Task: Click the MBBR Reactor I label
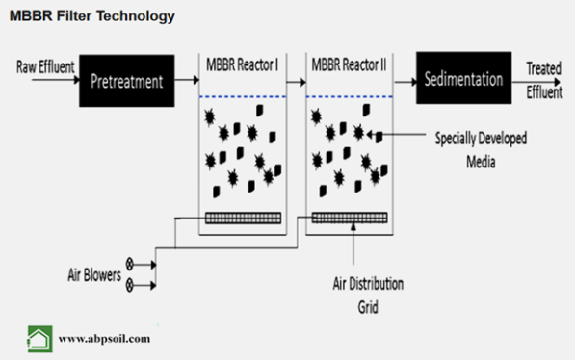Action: coord(243,65)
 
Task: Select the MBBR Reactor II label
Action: coord(349,65)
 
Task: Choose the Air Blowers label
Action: coord(94,275)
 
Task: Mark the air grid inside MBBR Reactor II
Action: coord(350,218)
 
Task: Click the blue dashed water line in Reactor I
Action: coord(243,96)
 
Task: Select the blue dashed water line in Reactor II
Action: coord(349,96)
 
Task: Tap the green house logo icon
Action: coord(39,338)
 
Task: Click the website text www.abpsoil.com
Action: coord(104,339)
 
